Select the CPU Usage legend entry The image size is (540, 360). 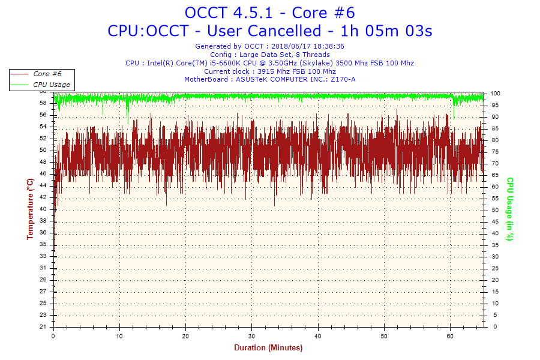point(51,85)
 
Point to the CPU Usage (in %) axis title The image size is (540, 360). point(510,209)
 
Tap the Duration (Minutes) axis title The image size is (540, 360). point(268,347)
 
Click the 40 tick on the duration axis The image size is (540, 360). point(318,335)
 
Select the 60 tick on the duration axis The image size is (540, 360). point(451,335)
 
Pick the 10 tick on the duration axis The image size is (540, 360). point(120,335)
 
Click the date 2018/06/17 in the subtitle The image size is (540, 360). point(291,46)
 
